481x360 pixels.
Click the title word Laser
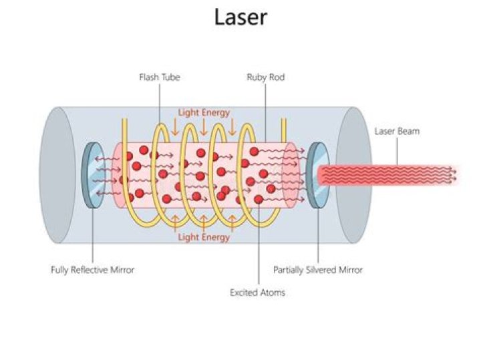(x=240, y=17)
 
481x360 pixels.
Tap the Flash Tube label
(x=159, y=77)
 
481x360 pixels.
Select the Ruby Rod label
(x=265, y=77)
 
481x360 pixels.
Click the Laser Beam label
(x=397, y=131)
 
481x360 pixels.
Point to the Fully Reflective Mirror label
(x=92, y=270)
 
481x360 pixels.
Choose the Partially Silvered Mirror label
(x=318, y=270)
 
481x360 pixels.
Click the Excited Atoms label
(x=257, y=293)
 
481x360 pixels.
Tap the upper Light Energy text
(x=203, y=112)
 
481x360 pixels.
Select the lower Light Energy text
(x=203, y=237)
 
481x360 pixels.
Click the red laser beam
(x=387, y=175)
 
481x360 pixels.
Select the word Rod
(x=277, y=77)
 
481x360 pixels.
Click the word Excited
(x=243, y=293)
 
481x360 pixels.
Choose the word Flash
(x=148, y=77)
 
